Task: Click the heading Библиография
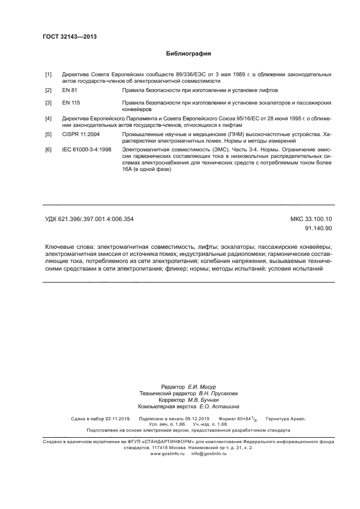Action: [188, 54]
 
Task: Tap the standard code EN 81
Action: [70, 89]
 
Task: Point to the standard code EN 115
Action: [71, 102]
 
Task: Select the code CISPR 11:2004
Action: [81, 134]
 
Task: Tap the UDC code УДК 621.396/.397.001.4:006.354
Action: [89, 219]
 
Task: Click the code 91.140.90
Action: [320, 229]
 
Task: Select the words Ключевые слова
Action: [66, 247]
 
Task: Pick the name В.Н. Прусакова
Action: [218, 393]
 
